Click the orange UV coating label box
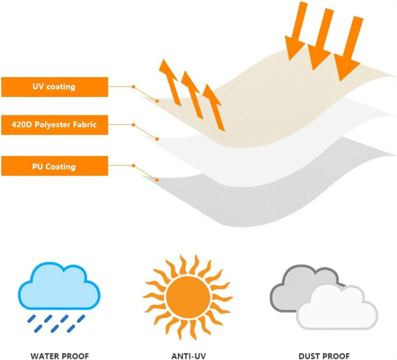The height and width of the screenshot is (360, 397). tap(55, 87)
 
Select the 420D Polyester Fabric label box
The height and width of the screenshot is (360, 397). tap(55, 125)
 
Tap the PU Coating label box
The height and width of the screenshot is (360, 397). tap(55, 165)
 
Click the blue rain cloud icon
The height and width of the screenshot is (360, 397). tap(59, 286)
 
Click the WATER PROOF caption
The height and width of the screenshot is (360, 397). tap(60, 356)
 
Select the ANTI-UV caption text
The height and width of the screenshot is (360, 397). tap(189, 356)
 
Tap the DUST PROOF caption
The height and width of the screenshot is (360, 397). tap(324, 356)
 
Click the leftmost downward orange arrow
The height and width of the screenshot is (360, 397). tap(297, 31)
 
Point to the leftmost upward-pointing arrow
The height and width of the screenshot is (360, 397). tap(169, 82)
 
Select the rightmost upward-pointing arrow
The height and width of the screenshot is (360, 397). tap(214, 108)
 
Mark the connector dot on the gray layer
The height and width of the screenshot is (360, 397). tap(157, 180)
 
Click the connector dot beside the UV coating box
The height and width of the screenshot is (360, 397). tap(133, 87)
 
